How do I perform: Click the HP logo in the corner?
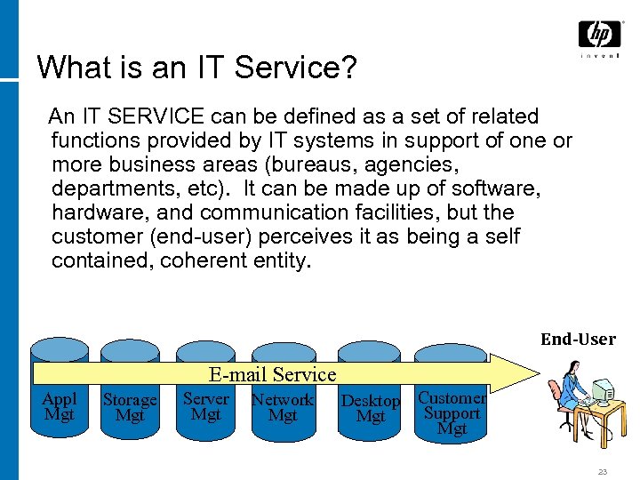pyautogui.click(x=599, y=36)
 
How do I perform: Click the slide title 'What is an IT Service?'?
pyautogui.click(x=195, y=68)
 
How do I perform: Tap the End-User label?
pyautogui.click(x=578, y=339)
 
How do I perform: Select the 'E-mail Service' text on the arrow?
pyautogui.click(x=272, y=374)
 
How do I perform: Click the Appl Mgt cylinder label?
pyautogui.click(x=60, y=406)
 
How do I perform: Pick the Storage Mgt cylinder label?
pyautogui.click(x=130, y=408)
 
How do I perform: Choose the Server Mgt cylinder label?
pyautogui.click(x=205, y=406)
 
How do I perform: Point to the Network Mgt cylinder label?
pyautogui.click(x=283, y=407)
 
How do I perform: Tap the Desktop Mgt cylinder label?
pyautogui.click(x=371, y=409)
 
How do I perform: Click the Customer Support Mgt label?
pyautogui.click(x=452, y=413)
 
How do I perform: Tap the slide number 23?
pyautogui.click(x=603, y=472)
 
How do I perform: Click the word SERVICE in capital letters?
pyautogui.click(x=157, y=116)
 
